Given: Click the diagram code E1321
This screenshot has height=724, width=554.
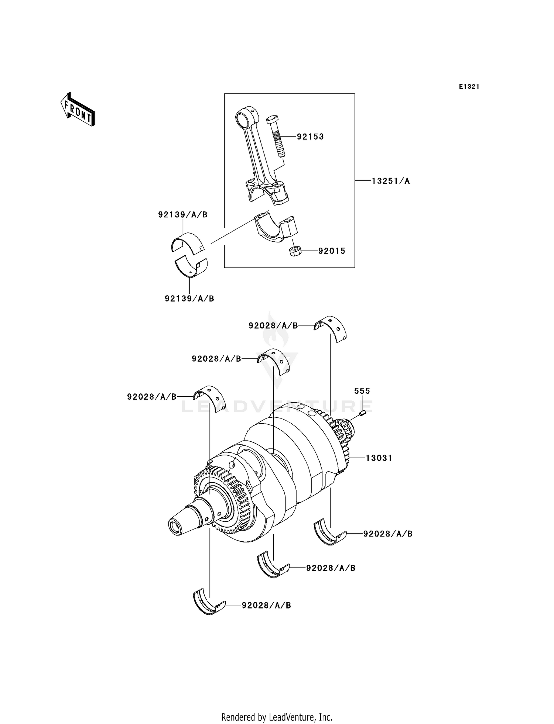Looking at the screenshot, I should coord(469,87).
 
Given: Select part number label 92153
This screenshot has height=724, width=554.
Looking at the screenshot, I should coord(310,137).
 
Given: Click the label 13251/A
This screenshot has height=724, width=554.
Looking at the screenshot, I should coord(391,181).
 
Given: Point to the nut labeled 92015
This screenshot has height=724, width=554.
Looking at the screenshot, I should coord(295,252).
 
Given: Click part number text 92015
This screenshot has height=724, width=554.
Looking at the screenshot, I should coord(332,251).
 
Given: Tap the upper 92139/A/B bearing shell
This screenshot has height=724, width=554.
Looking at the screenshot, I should coord(188,242).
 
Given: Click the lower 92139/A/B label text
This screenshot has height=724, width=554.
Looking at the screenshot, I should coord(189,299).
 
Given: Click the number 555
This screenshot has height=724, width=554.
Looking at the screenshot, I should coord(362,391).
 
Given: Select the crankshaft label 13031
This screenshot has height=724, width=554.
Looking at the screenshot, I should coord(379,458).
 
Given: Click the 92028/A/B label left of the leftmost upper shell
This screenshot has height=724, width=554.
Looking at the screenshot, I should coord(151,397).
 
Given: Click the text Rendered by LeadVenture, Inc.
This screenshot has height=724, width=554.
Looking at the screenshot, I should coord(277,717).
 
